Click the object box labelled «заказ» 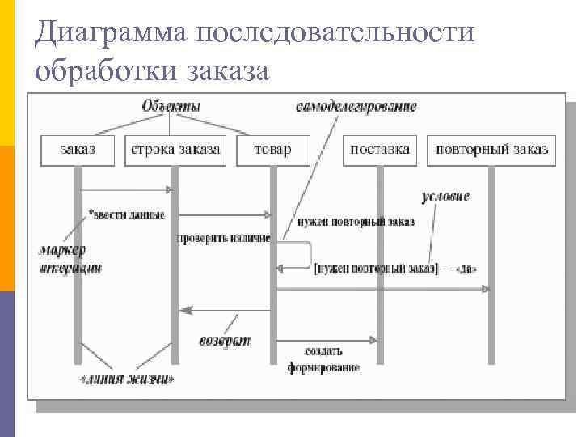coord(78,149)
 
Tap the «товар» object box coord(272,149)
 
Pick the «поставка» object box coord(380,149)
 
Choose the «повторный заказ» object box coord(491,149)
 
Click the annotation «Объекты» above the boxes coord(171,106)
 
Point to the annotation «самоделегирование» coord(356,106)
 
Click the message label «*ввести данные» coord(126,214)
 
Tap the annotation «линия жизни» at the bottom coord(126,379)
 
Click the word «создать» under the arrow coord(323,352)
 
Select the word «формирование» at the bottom coord(323,368)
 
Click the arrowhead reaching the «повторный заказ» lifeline coord(486,288)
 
